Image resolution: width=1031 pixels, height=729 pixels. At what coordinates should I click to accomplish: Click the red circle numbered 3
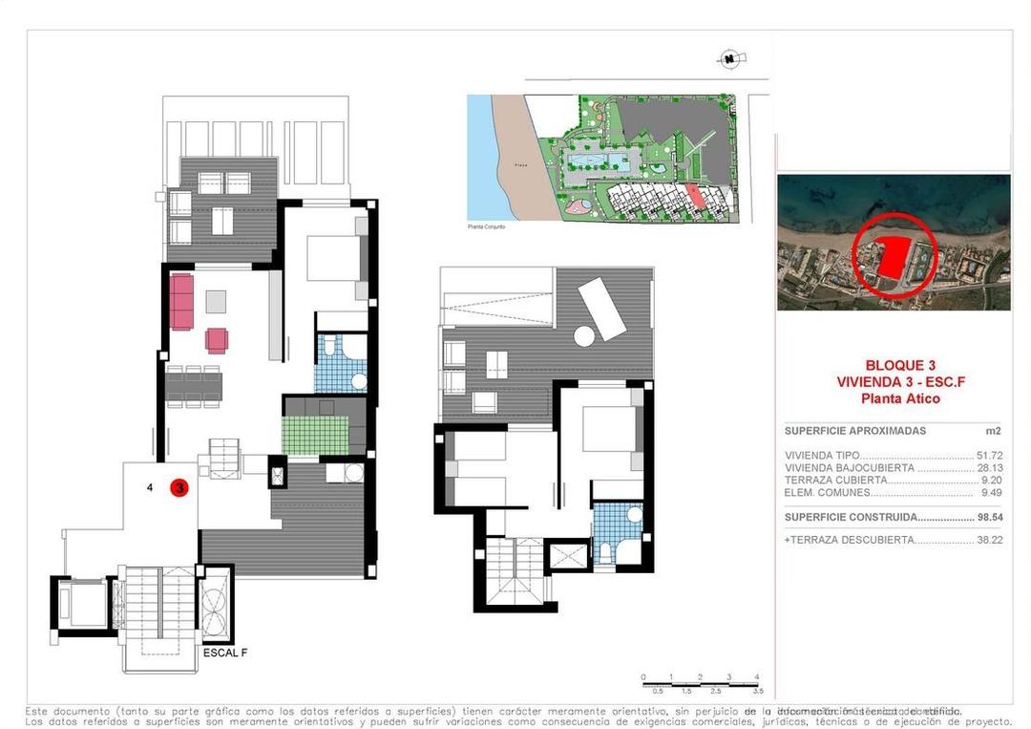179,487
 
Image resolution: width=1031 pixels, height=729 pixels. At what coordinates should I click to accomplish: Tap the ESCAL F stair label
225,654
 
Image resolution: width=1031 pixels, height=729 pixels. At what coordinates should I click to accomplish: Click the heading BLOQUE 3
899,365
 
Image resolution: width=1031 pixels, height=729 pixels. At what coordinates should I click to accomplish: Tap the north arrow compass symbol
730,59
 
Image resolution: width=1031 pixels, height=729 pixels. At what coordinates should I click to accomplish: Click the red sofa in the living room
182,300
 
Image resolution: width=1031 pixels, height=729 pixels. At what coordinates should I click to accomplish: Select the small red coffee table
218,340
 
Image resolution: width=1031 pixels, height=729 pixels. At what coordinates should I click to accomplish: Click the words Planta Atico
899,398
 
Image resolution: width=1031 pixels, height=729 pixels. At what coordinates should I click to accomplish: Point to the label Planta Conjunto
486,226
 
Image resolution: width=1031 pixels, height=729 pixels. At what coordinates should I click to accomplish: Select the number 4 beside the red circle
150,487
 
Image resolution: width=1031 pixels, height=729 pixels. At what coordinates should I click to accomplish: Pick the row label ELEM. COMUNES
827,493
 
